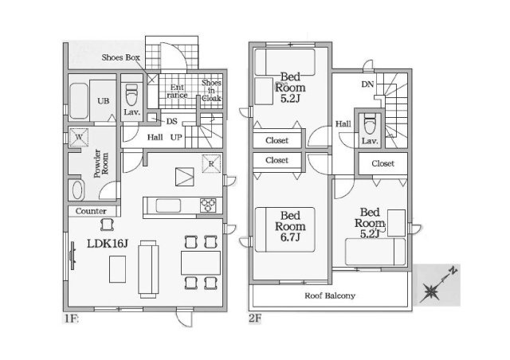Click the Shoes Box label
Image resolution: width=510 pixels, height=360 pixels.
coord(120,57)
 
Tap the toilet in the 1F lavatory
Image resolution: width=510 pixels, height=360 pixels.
coord(131,95)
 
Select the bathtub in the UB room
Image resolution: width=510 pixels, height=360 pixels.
coord(79,101)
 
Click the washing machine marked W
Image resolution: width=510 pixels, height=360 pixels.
coord(79,137)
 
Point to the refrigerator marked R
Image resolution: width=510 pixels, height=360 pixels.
coord(211,163)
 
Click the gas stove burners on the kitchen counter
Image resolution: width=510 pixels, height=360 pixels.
coord(208,205)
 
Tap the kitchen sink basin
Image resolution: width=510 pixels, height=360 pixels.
coord(168,205)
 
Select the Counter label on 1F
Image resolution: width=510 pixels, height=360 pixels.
coord(91,211)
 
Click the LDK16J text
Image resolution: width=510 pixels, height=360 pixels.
coord(108,243)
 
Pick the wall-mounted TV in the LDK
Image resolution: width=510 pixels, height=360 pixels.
coord(73,256)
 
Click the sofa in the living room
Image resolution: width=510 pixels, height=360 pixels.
coord(148,269)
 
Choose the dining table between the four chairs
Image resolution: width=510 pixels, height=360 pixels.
coord(201,263)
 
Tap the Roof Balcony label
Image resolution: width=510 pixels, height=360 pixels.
coord(330,295)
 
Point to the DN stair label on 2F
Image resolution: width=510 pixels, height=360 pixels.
coord(367,84)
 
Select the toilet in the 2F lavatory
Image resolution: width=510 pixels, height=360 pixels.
coord(370,123)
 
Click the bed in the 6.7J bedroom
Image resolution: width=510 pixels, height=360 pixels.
coord(285,229)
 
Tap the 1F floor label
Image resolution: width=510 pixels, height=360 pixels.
coord(71,319)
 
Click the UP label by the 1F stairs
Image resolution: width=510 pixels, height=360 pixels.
coord(176,137)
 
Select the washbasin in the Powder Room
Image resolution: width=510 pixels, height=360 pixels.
coord(77,190)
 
